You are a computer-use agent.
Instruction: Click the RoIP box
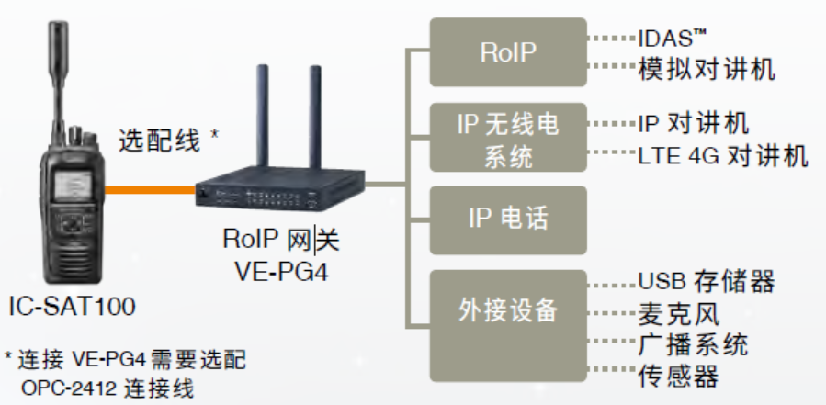pos(508,52)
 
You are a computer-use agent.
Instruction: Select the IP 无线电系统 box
pos(508,139)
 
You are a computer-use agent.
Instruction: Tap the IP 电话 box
pos(508,219)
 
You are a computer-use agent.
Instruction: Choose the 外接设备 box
pos(508,310)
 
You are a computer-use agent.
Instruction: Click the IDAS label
pos(672,39)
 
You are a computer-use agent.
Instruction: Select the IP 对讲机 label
pos(694,122)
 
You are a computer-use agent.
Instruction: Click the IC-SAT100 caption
pos(71,306)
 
